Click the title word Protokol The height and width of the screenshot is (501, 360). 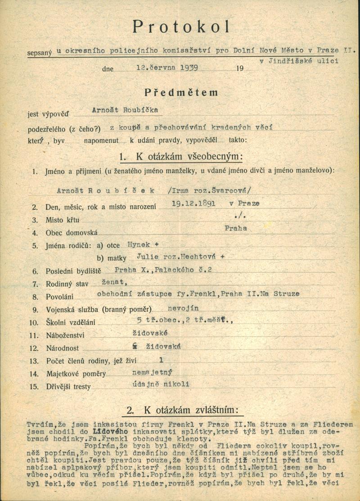point(181,27)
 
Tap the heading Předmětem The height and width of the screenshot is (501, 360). point(181,93)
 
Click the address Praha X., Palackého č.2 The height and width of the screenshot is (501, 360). point(163,270)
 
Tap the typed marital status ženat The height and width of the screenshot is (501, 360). point(115,282)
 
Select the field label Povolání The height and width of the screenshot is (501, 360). point(59,297)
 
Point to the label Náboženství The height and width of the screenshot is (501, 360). point(65,335)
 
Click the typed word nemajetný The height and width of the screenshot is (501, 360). point(153,372)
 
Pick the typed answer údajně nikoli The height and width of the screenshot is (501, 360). point(159,384)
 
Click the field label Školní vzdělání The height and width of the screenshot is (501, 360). point(72,322)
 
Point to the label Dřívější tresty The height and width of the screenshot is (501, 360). point(68,387)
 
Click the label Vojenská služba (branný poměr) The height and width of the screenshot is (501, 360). point(99,309)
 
